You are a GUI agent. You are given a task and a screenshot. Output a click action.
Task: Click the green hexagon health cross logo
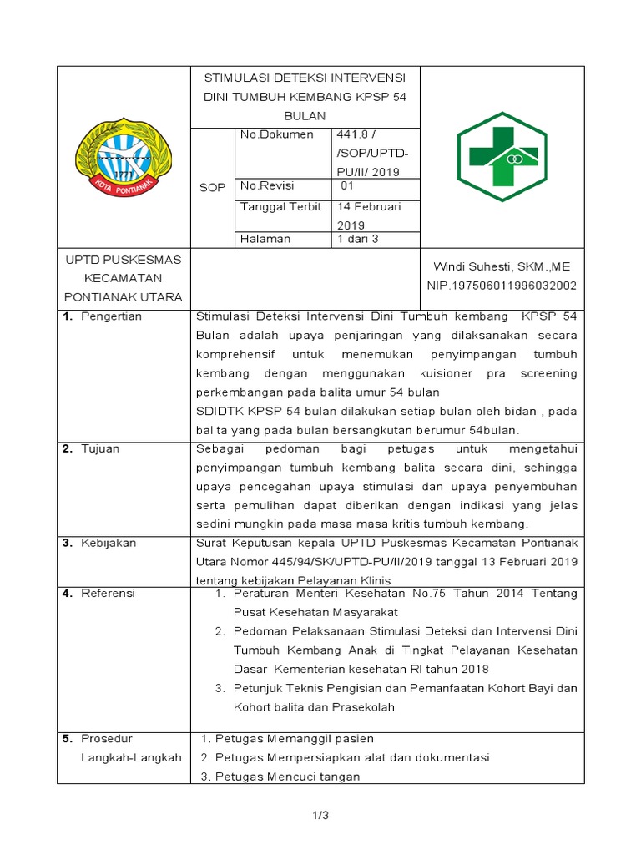502,156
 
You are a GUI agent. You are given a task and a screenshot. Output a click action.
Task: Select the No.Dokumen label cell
276,134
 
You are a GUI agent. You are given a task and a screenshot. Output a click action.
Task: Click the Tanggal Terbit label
280,207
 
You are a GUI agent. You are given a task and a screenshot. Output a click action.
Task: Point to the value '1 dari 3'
358,239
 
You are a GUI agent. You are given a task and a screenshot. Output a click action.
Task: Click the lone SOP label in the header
213,188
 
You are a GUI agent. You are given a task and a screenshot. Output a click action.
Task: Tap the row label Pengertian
111,316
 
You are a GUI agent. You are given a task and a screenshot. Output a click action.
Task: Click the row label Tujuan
100,448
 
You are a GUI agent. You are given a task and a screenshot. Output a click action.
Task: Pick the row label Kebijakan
108,543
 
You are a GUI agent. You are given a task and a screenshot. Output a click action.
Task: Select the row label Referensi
108,594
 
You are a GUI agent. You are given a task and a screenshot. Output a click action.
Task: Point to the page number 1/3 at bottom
320,816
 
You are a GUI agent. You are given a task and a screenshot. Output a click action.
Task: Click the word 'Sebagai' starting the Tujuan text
218,448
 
